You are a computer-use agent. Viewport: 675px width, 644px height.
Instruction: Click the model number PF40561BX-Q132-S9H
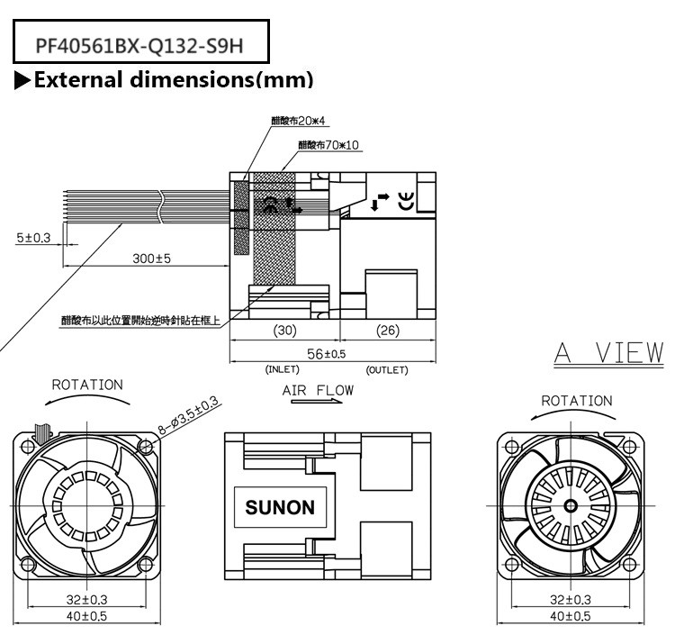[139, 44]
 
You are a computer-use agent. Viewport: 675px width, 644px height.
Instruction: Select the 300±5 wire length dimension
[151, 259]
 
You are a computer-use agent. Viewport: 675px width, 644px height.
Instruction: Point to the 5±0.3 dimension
[33, 238]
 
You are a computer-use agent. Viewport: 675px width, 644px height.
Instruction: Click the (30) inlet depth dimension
[284, 331]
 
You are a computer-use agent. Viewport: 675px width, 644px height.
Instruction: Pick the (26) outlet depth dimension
[387, 331]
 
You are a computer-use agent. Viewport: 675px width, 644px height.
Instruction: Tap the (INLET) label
[283, 369]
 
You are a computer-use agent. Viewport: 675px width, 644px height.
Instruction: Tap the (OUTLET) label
[387, 369]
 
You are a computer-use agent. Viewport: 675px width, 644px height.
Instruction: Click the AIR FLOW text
[318, 391]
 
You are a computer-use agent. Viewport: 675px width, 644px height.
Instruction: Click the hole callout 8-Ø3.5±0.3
[190, 416]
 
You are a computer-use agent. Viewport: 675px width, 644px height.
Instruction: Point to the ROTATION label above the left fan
[86, 385]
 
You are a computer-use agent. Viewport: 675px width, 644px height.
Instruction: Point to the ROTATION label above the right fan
[576, 401]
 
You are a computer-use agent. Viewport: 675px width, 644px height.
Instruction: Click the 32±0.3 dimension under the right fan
[571, 599]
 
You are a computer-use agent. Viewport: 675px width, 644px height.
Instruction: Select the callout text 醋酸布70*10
[328, 144]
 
